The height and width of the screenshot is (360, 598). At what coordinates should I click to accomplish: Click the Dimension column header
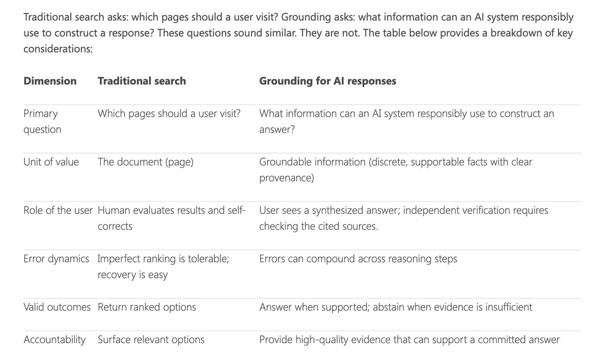50,81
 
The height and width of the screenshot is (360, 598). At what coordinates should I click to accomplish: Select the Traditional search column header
142,81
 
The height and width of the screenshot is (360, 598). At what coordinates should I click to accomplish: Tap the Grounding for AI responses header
327,81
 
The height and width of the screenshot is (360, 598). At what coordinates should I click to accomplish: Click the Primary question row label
42,122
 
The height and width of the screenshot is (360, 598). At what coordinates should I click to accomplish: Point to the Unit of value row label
51,162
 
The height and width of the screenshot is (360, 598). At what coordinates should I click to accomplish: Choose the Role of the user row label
58,210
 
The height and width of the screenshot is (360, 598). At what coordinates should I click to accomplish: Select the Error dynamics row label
56,259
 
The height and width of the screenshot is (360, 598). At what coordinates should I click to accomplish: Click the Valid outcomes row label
57,307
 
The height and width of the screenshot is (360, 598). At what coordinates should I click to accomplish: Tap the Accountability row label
54,340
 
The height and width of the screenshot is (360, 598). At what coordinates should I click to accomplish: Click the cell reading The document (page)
146,162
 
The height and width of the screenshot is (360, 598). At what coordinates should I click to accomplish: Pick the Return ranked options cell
147,307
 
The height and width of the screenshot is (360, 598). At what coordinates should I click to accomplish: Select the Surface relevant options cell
151,340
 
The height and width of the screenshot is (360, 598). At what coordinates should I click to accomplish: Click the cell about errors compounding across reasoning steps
358,259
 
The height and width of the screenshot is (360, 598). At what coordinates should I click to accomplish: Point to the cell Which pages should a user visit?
169,114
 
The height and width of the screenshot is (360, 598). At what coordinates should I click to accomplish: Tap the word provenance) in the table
287,178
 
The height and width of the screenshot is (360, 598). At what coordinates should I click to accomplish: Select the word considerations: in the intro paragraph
58,49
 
